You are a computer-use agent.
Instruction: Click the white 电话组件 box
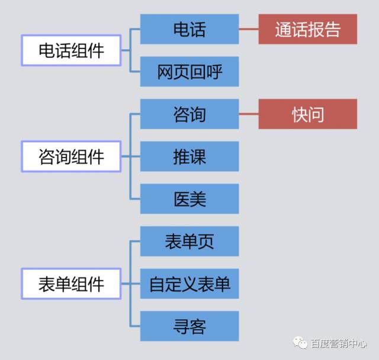click(x=71, y=50)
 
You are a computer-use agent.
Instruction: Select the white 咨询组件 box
click(x=71, y=157)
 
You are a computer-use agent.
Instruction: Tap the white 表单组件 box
click(x=71, y=284)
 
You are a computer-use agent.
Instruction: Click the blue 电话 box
click(x=189, y=29)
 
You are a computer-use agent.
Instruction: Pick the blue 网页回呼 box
click(x=189, y=72)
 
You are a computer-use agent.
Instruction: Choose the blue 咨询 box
click(x=189, y=114)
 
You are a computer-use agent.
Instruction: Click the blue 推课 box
click(x=189, y=156)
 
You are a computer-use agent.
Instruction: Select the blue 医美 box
click(x=189, y=198)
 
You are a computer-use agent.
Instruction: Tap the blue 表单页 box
click(x=189, y=241)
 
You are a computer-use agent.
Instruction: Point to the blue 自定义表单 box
click(x=189, y=284)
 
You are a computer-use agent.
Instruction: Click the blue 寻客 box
click(x=189, y=326)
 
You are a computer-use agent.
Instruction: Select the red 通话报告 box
click(x=308, y=29)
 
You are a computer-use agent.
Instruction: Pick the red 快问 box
click(x=308, y=114)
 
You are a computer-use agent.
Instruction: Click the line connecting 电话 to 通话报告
click(x=249, y=29)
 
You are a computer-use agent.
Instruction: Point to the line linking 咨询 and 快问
click(x=249, y=114)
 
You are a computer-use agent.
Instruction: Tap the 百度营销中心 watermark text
click(x=339, y=343)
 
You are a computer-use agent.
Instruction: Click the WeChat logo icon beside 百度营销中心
click(x=300, y=343)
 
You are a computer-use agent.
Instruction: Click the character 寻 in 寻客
click(x=181, y=326)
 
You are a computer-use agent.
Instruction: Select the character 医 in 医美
click(x=181, y=198)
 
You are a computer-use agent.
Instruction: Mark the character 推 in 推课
click(x=181, y=156)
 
